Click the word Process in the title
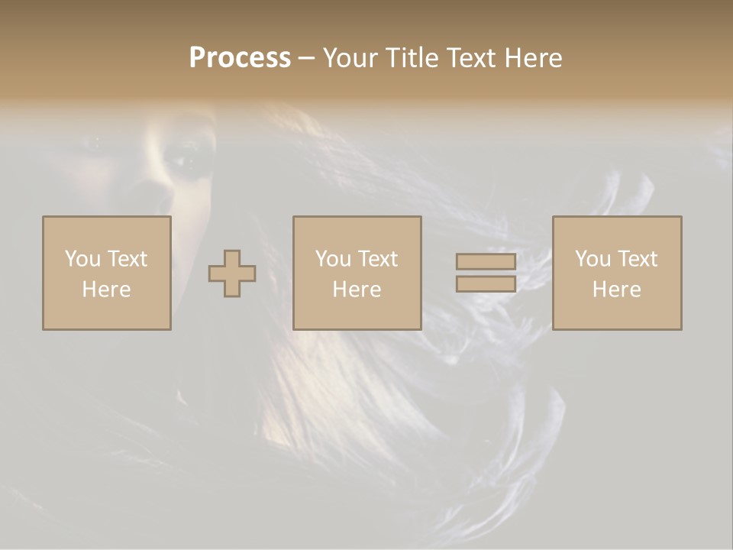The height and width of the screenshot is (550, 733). (x=240, y=58)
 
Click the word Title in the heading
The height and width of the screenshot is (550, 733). (x=412, y=58)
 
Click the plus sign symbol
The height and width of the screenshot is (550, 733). (x=232, y=273)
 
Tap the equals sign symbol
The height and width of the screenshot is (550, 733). (x=486, y=273)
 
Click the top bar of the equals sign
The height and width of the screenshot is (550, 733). (x=486, y=262)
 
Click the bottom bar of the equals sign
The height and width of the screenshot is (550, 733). (x=486, y=284)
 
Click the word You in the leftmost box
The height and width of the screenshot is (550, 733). (x=82, y=259)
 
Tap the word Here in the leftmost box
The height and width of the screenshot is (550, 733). (x=107, y=290)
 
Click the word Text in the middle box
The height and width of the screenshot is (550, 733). (x=378, y=259)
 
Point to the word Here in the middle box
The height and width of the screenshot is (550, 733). (x=357, y=290)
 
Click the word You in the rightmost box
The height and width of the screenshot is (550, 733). (x=593, y=259)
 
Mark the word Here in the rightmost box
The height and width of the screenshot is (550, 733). (x=617, y=290)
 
